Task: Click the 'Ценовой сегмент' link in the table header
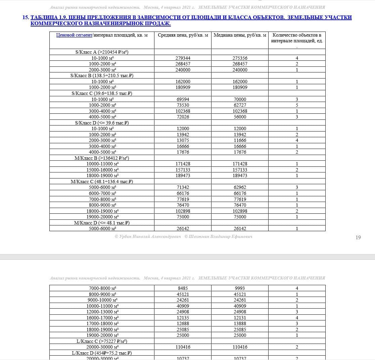coord(74,35)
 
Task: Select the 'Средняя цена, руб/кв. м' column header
coord(183,35)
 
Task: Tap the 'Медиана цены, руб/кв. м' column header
coord(240,35)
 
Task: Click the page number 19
coord(358,238)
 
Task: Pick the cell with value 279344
coord(183,58)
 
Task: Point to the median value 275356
coord(240,58)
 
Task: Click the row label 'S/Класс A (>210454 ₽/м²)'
coord(102,52)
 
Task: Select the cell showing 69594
coord(183,99)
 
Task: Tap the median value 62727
coord(240,105)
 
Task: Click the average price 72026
coord(183,117)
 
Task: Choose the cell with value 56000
coord(240,117)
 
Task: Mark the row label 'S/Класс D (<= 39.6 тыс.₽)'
coord(102,123)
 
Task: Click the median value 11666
coord(240,140)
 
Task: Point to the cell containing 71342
coord(183,187)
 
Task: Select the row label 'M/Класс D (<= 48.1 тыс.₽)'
coord(102,223)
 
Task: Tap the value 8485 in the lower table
coord(183,288)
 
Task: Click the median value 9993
coord(240,288)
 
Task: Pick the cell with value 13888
coord(240,323)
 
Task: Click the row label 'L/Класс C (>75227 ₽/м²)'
coord(102,341)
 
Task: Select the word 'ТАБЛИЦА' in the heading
coord(44,17)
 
